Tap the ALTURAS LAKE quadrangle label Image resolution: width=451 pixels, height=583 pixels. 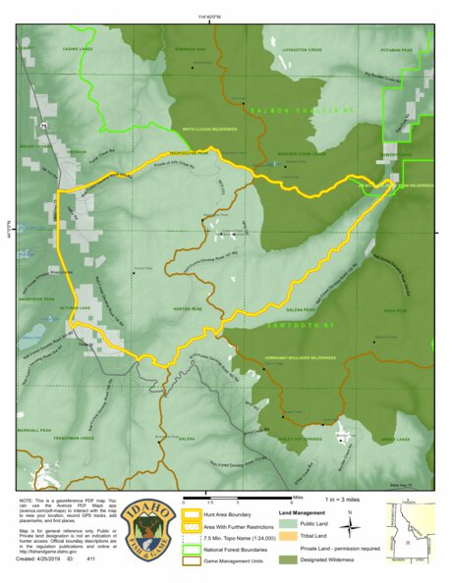[76, 306]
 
